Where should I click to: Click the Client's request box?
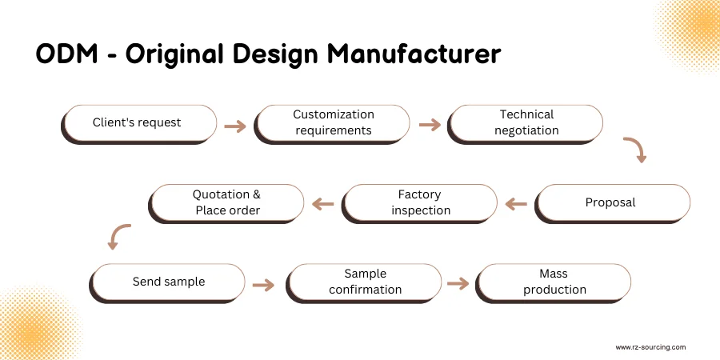point(139,123)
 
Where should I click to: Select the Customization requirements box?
point(333,123)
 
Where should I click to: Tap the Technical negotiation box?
point(526,123)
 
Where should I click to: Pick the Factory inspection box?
point(420,202)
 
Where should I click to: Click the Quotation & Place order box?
point(227,202)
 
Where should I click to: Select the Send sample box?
point(168,282)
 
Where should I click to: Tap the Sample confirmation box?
point(365,282)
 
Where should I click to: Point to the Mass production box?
point(554,282)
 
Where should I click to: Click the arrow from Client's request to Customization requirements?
point(235,126)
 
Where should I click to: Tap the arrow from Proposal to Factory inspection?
point(517,205)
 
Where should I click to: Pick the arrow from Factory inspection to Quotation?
point(322,205)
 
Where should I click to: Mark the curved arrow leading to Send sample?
point(118,236)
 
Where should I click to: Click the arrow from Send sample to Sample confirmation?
point(264,284)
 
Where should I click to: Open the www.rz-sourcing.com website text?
point(650,347)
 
